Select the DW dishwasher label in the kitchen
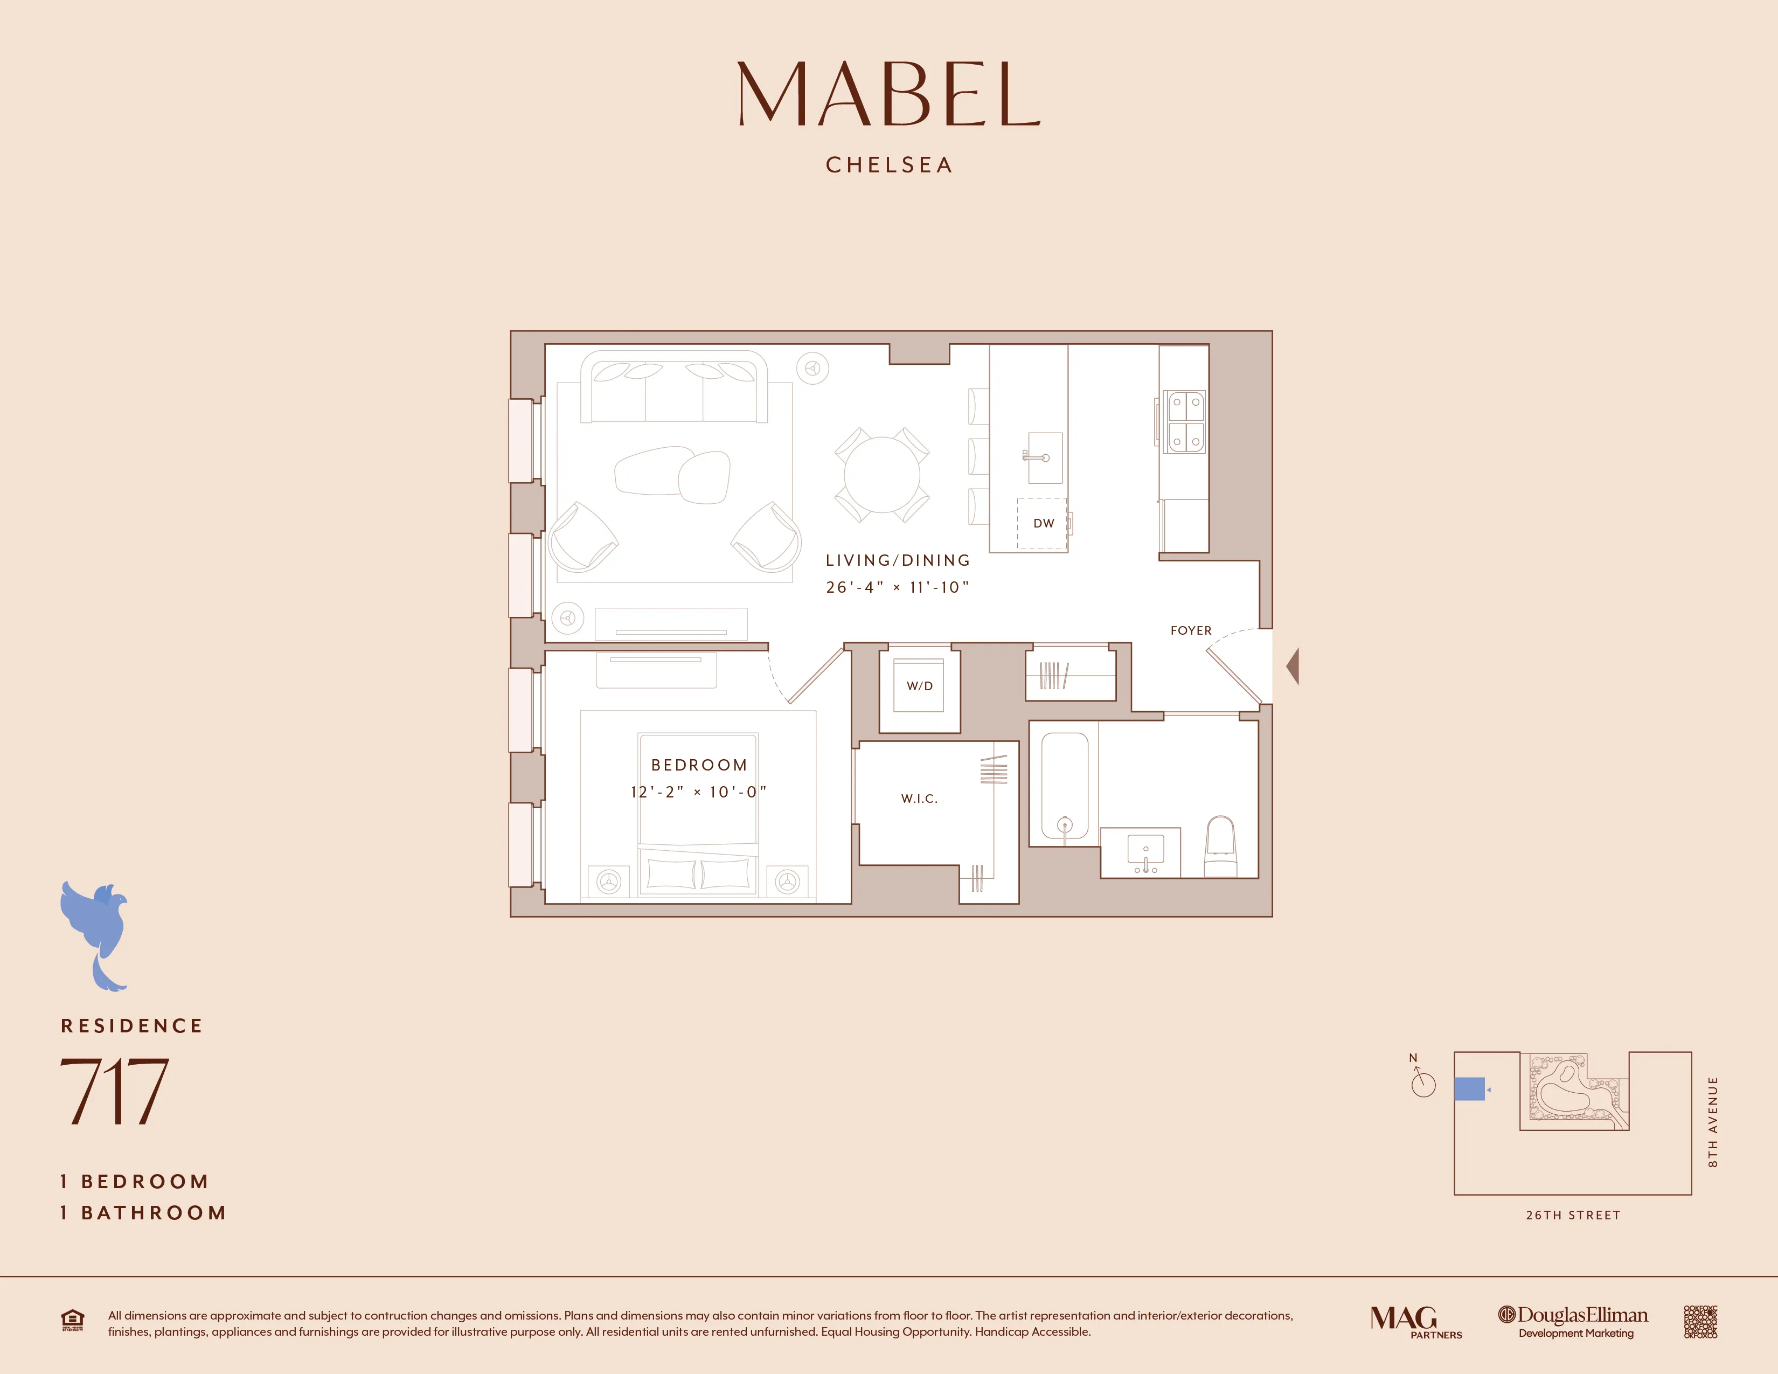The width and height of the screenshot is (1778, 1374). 1043,523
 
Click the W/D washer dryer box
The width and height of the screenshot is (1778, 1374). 919,686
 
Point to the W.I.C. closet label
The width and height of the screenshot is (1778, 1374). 919,799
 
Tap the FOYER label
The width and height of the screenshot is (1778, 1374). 1190,631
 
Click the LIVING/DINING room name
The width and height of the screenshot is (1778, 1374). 897,560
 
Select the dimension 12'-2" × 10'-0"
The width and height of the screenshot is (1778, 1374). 698,792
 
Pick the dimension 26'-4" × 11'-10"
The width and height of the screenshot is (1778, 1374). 897,587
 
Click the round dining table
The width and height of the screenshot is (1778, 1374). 881,475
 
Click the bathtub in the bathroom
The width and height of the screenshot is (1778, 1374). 1064,786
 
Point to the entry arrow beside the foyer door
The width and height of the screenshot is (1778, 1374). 1292,667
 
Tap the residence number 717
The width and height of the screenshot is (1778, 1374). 114,1091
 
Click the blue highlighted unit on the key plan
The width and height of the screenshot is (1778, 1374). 1469,1088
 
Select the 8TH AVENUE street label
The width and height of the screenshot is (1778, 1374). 1712,1122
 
